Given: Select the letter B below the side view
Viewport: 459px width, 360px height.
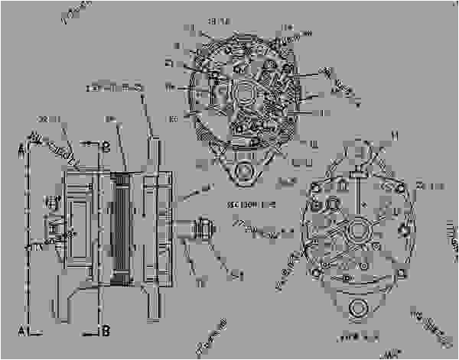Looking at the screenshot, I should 106,331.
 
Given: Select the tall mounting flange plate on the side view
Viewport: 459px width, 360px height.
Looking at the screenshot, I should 156,222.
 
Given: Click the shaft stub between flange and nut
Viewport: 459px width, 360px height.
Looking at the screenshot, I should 184,227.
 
